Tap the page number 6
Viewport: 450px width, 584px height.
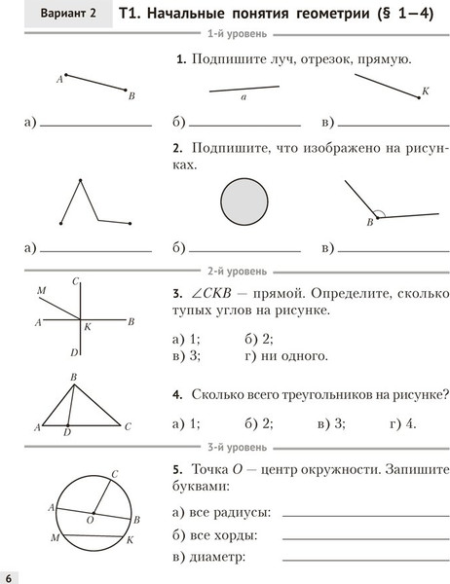[x=8, y=574]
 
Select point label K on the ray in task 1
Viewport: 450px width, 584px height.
[x=425, y=91]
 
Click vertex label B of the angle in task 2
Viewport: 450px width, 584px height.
[x=369, y=223]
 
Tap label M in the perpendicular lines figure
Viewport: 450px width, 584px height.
[x=41, y=291]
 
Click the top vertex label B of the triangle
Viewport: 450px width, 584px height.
[x=73, y=377]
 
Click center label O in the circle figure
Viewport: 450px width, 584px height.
[x=89, y=522]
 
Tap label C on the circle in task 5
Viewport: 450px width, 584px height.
[x=115, y=474]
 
